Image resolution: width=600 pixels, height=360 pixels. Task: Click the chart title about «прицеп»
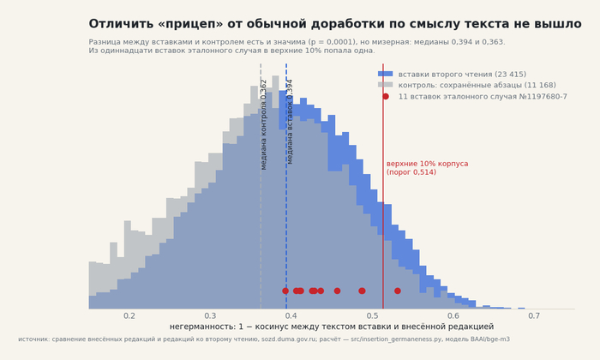pos(335,24)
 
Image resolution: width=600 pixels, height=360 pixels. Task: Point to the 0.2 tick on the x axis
pos(129,316)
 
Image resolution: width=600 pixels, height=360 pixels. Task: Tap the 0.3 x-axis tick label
pos(210,316)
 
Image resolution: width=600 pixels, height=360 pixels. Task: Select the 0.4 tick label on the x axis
pos(291,316)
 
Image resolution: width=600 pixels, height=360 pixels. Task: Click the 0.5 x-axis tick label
pos(372,316)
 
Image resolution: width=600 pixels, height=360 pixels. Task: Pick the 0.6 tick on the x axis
pos(453,316)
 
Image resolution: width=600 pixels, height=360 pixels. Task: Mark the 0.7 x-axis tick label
pos(534,316)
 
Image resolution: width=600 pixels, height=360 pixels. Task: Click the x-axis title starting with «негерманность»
pos(332,327)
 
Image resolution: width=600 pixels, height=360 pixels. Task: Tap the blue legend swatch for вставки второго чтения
pos(386,74)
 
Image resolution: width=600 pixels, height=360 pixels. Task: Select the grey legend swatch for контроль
pos(386,85)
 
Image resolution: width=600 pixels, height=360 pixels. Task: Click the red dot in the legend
pos(386,96)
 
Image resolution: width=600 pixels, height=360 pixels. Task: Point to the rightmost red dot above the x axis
pos(398,291)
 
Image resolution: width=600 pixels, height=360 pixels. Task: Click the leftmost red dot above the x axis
pos(285,291)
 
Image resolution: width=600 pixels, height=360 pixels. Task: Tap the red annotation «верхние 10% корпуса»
pos(427,164)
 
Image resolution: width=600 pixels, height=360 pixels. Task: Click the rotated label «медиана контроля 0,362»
pos(263,125)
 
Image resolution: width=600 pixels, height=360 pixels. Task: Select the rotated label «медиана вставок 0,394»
pos(290,122)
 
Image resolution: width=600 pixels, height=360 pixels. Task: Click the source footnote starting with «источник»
pos(264,339)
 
